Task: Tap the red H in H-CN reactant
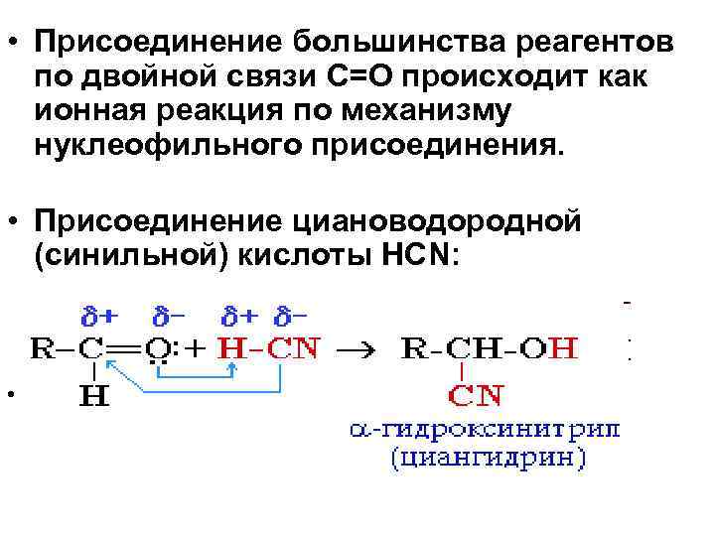(x=229, y=347)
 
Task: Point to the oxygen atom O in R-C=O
(x=156, y=347)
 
